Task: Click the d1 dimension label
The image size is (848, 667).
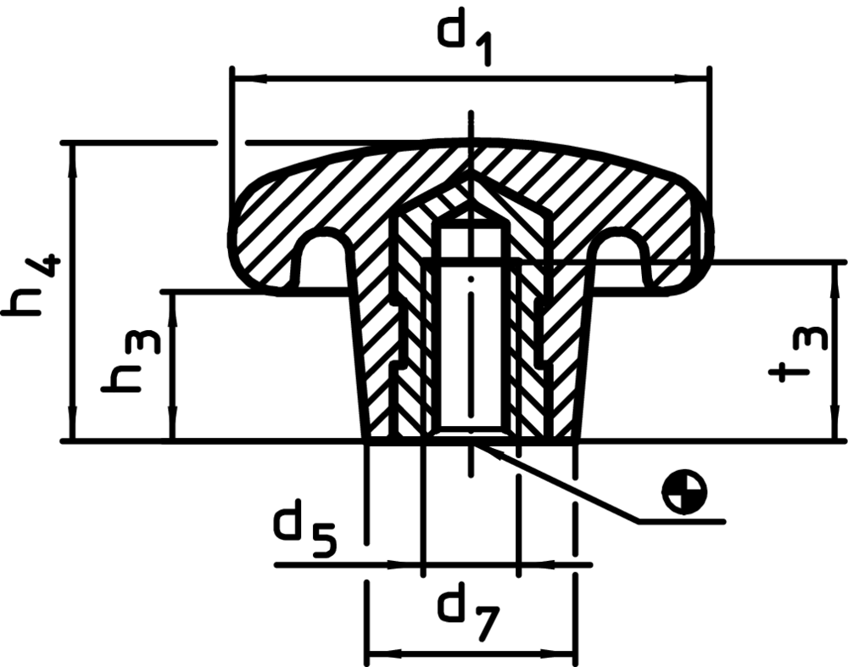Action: pos(465,42)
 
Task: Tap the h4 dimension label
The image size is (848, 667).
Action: pos(32,284)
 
